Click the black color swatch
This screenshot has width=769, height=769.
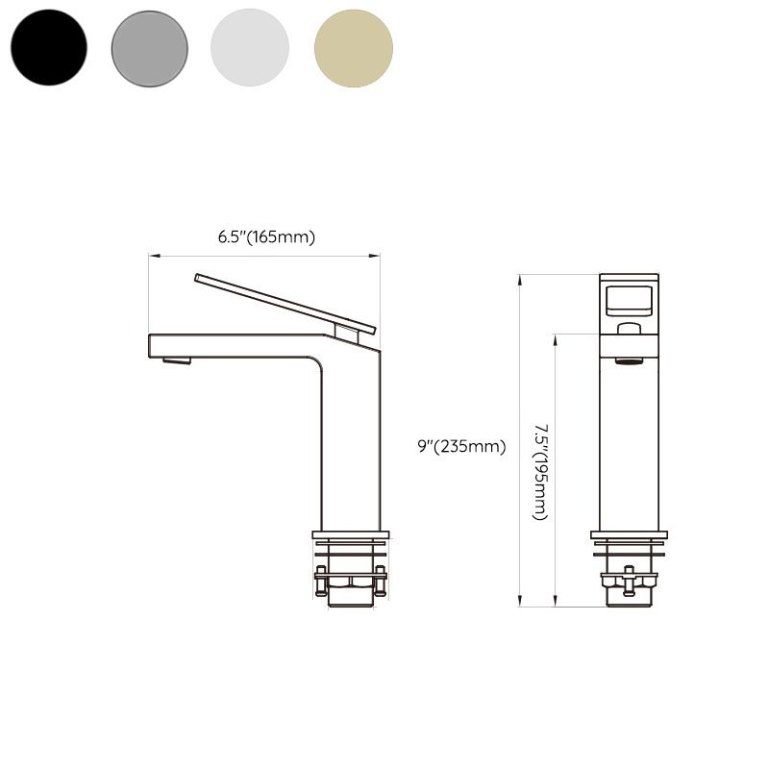48,47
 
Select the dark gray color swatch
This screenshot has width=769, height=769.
150,47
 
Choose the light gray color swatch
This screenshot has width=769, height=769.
250,47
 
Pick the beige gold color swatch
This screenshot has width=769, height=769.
354,47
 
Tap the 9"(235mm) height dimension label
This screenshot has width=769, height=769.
461,445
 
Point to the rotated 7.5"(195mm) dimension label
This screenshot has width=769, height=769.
541,471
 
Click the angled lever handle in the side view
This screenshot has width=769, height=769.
285,302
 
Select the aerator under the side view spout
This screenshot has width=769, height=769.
177,360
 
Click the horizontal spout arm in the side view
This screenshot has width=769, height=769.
231,345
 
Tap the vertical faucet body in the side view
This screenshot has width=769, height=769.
350,442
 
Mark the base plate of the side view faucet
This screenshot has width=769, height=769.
352,534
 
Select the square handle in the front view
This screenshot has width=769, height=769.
630,299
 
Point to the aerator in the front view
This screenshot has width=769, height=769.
630,360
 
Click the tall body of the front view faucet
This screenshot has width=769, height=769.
630,442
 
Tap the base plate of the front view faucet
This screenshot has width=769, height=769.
630,534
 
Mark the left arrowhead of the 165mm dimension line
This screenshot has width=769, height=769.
151,256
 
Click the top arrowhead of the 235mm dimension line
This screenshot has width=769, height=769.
520,278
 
